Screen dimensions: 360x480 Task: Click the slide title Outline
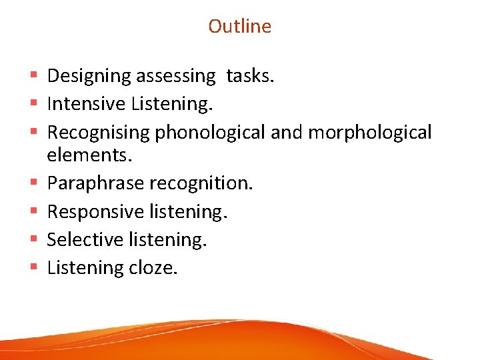point(240,26)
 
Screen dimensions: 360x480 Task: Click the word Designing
point(89,76)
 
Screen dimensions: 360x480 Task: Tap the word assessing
point(176,76)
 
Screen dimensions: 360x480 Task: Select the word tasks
point(250,76)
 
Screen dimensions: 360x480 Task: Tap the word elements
point(90,156)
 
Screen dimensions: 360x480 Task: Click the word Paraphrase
point(95,183)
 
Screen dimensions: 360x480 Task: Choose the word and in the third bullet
point(286,133)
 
